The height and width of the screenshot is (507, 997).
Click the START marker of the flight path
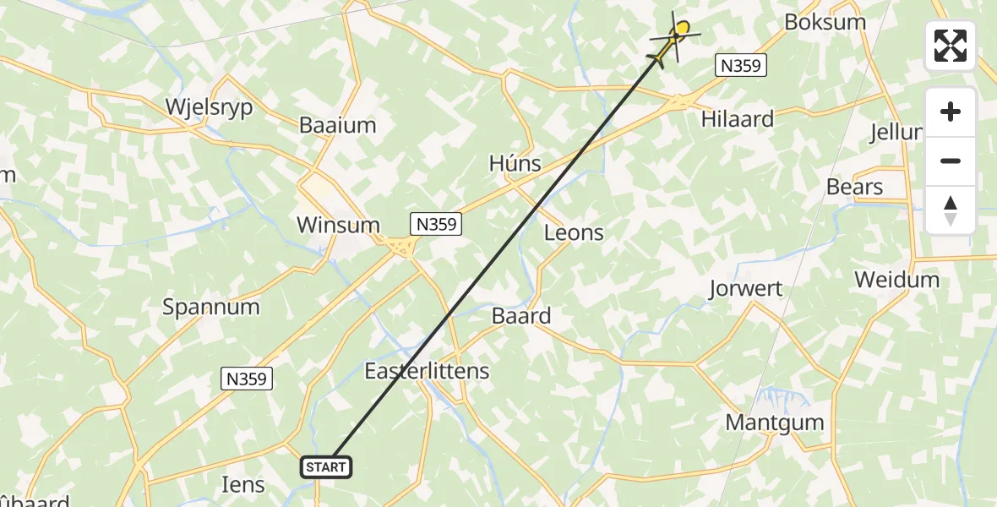(325, 466)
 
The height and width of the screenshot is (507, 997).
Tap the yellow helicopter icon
(674, 41)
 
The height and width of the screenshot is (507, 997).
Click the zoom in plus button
(951, 112)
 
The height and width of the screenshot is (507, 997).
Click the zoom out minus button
(951, 161)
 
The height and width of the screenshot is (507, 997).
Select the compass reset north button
(951, 210)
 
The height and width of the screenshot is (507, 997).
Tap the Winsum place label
(338, 225)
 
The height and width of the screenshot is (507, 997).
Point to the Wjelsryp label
(209, 107)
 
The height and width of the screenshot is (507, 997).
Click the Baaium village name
(338, 125)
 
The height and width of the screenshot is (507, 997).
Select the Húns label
(515, 163)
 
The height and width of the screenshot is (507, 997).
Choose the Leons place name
(574, 232)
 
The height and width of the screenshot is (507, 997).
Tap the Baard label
(521, 316)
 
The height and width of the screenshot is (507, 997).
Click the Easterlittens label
(427, 370)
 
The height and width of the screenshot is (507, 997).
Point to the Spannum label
(211, 306)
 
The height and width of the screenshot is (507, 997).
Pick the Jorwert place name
(747, 288)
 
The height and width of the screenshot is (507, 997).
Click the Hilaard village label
(738, 119)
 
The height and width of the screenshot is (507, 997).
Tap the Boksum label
(825, 22)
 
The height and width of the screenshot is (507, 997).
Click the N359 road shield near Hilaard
(741, 65)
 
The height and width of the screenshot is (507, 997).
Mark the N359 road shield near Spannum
(247, 379)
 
